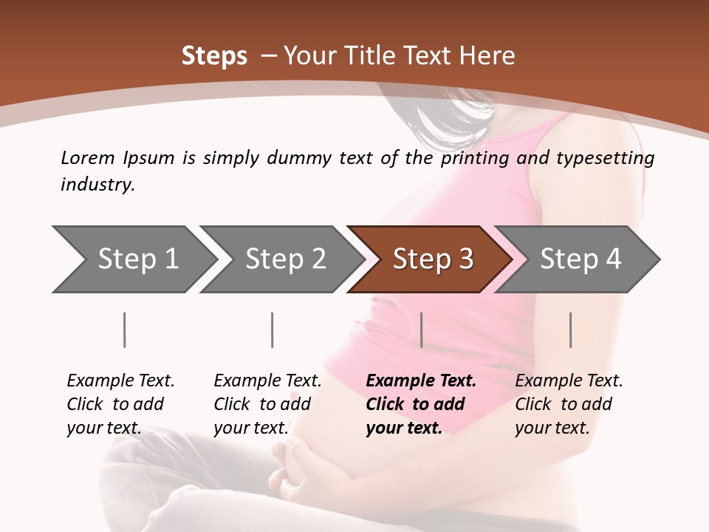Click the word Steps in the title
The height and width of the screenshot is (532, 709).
tap(214, 55)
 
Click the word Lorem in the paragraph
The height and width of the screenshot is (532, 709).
tap(87, 157)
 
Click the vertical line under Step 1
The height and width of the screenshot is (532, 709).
tap(125, 330)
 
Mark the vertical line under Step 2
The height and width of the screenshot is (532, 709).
tap(273, 330)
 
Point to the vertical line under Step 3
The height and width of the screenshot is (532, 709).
tap(421, 330)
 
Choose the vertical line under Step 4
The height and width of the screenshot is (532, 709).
tap(570, 330)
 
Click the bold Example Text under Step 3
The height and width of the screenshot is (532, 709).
tap(421, 381)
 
